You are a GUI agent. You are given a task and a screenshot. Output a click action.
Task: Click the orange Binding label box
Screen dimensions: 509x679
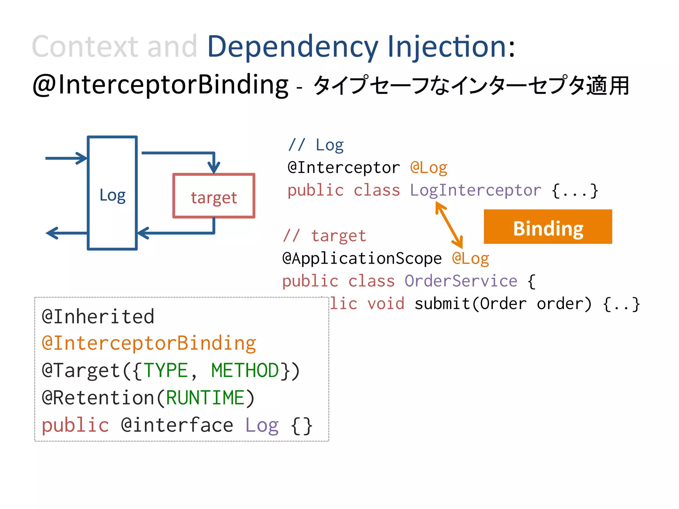(x=548, y=227)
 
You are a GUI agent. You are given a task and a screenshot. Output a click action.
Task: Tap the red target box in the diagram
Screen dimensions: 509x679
(x=214, y=196)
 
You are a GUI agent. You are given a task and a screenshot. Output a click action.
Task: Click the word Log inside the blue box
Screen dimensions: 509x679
(x=112, y=195)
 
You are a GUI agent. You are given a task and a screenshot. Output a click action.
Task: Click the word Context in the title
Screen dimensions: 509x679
(x=85, y=47)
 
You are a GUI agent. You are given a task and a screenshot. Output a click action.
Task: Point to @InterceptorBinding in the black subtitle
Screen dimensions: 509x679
(x=160, y=85)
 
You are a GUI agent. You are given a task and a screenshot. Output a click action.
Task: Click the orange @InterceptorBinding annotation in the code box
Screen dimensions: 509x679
(x=149, y=343)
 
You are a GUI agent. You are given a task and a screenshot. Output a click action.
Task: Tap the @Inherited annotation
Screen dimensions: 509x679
(x=98, y=316)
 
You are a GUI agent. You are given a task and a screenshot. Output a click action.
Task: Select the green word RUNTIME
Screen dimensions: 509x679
(x=206, y=398)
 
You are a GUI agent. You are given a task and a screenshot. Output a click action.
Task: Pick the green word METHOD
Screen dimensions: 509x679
(x=245, y=370)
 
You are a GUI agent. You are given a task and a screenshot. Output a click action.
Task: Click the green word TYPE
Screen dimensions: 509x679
(x=166, y=370)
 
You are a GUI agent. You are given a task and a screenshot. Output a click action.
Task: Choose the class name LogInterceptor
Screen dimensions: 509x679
(x=475, y=190)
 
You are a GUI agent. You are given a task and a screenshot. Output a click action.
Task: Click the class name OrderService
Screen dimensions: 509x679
(x=461, y=281)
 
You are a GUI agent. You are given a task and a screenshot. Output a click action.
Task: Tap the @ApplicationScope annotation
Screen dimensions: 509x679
(x=362, y=258)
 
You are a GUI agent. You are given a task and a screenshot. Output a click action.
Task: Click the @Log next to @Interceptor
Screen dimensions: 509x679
(x=429, y=168)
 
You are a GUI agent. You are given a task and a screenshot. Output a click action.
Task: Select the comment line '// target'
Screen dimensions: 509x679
(x=325, y=236)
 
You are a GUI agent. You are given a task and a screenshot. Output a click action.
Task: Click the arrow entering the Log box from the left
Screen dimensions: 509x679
(x=66, y=158)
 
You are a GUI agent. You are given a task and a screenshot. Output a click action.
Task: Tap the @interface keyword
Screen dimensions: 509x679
(x=177, y=425)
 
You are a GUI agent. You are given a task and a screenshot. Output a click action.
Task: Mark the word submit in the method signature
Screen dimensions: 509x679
(x=442, y=304)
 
